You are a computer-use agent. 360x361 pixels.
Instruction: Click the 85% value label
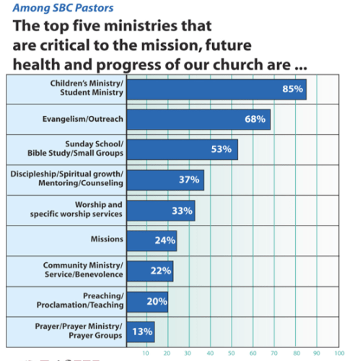pos(292,89)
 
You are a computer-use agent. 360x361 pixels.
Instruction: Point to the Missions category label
pos(106,239)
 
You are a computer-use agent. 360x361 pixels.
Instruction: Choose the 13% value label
pos(141,331)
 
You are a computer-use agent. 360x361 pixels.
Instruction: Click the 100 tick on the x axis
pos(339,354)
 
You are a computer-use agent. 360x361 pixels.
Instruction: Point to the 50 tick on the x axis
pos(232,354)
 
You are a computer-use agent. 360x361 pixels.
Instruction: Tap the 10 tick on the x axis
pos(146,354)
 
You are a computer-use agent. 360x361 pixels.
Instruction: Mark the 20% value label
pos(156,301)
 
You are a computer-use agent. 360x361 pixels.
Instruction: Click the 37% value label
pos(189,179)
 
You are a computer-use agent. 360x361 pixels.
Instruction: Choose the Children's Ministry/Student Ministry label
pos(87,89)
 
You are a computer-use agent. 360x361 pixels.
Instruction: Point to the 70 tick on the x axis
pos(274,354)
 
